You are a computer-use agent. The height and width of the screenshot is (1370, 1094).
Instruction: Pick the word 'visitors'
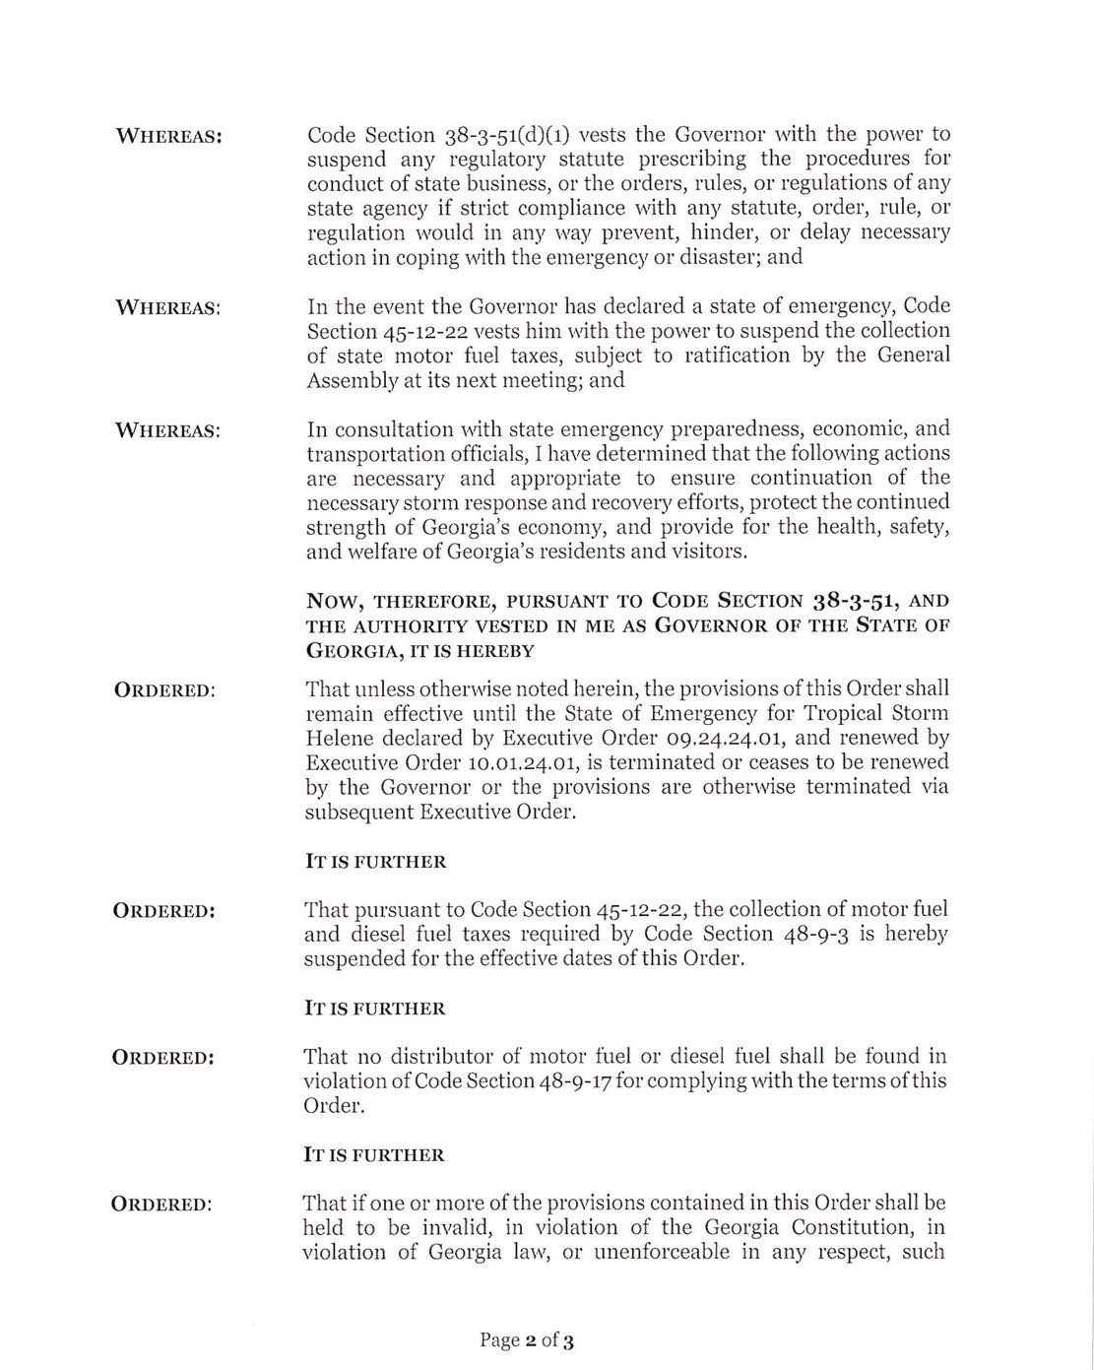click(x=708, y=552)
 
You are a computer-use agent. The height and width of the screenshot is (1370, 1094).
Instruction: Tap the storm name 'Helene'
click(x=339, y=739)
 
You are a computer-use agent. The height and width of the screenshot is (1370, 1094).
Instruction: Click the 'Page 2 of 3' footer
click(x=527, y=1340)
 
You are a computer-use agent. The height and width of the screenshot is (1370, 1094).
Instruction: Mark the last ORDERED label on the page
click(x=162, y=1205)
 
